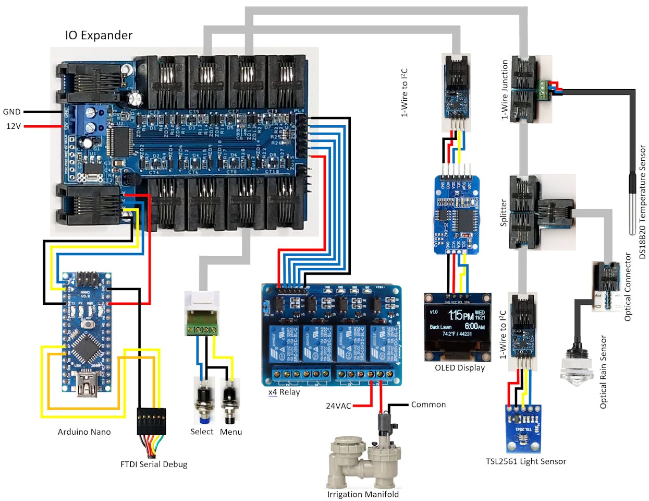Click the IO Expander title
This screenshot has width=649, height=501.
[99, 35]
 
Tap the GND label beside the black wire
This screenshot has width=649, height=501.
[11, 112]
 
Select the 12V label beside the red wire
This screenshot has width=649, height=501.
[13, 126]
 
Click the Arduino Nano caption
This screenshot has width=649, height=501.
[84, 432]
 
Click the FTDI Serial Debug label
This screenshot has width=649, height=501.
[153, 464]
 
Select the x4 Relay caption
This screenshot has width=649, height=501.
[284, 392]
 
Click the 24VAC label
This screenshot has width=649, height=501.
[338, 405]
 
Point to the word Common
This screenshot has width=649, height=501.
[428, 404]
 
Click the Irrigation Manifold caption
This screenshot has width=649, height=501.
[363, 494]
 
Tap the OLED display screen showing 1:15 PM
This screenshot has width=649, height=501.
[457, 324]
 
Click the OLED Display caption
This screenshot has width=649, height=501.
[460, 368]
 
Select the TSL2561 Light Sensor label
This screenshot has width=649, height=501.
[525, 461]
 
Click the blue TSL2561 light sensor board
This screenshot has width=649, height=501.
[524, 428]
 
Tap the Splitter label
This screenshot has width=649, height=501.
[504, 213]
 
